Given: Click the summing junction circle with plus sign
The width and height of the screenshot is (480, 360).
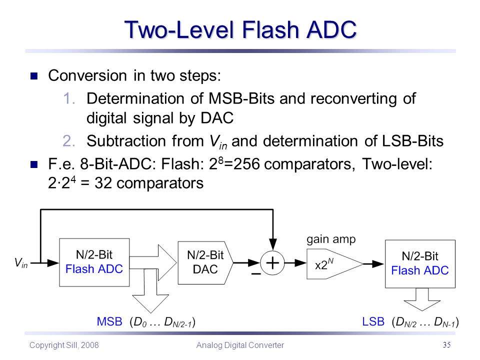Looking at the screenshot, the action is tap(272, 263).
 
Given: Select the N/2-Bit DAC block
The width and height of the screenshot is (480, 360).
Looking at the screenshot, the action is tap(205, 262).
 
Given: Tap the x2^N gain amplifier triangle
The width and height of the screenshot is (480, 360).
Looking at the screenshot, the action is tap(334, 263).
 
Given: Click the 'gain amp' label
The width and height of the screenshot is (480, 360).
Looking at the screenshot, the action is tap(331, 239).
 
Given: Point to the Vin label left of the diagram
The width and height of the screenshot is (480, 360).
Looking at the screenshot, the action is tap(21, 262).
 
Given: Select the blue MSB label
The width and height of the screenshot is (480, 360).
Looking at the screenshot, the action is tap(109, 321).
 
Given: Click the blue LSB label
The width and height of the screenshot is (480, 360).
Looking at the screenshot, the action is tap(373, 321).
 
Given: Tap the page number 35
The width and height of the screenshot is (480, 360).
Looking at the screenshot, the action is tap(446, 344).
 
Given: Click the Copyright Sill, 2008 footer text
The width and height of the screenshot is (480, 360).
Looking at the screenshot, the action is tap(64, 345).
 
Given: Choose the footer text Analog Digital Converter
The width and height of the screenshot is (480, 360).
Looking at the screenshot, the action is tap(240, 345).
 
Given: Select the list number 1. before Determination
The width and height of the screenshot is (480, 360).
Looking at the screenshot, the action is tap(69, 98).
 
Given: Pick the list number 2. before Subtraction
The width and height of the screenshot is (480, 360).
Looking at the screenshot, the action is tap(69, 141).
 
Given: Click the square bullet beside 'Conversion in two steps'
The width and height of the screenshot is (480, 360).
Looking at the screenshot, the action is tap(34, 76).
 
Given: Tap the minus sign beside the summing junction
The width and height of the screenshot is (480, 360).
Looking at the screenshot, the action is tap(256, 273).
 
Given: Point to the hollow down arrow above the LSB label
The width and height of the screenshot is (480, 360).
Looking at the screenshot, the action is tap(422, 299).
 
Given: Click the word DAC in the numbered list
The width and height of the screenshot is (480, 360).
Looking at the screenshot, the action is tap(217, 118).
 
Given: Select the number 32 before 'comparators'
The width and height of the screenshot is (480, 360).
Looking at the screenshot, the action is tap(103, 183).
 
